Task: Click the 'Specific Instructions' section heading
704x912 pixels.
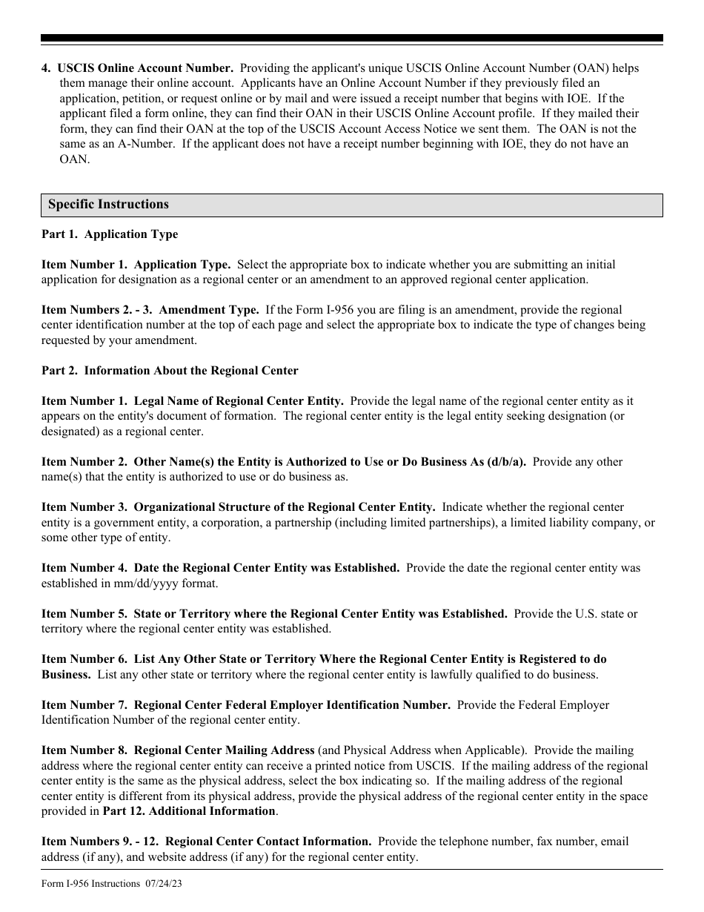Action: [x=108, y=205]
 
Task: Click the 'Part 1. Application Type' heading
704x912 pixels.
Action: [x=110, y=234]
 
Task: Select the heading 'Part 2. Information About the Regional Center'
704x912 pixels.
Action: [x=170, y=371]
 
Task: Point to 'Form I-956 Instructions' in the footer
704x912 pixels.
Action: [x=91, y=883]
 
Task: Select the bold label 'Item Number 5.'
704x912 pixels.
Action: [x=84, y=614]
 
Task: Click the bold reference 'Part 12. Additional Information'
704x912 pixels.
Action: [x=188, y=811]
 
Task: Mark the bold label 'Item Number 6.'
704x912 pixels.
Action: [x=84, y=659]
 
